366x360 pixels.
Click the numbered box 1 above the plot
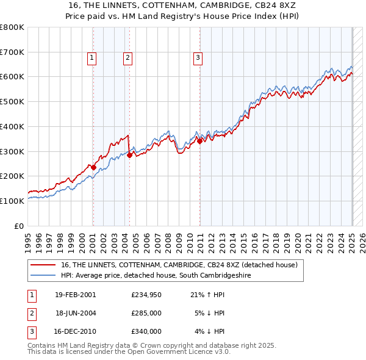91,58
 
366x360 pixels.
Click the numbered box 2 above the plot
127,58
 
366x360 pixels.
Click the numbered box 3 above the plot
198,58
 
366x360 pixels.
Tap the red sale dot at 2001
93,167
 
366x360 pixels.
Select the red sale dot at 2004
129,155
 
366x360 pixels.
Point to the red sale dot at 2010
199,141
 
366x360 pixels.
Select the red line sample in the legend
43,265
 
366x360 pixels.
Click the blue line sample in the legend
43,275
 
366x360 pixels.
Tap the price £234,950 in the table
146,295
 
